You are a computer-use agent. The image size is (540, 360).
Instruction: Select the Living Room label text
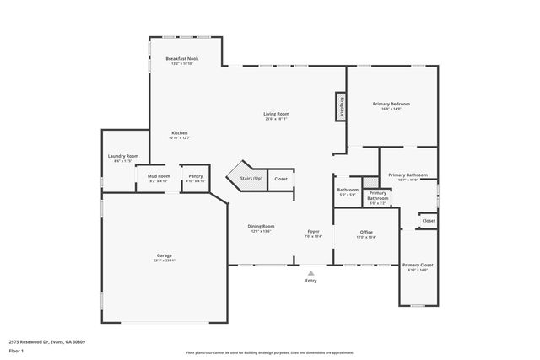[x=276, y=114]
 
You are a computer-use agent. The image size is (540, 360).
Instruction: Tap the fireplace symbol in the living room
[x=342, y=106]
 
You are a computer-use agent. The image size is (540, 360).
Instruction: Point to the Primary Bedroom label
[x=391, y=104]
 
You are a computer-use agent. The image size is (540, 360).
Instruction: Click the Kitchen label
[x=180, y=133]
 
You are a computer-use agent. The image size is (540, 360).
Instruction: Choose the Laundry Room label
[x=122, y=156]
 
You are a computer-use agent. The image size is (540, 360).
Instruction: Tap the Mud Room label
[x=159, y=176]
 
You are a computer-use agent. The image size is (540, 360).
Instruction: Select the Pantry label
[x=195, y=176]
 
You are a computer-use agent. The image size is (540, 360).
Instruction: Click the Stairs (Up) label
[x=251, y=179]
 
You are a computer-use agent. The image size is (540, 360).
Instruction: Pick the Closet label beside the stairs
[x=280, y=179]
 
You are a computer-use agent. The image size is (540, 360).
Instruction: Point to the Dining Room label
[x=261, y=226]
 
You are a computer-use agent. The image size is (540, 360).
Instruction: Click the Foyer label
[x=312, y=232]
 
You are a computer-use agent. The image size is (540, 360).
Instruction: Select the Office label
[x=365, y=232]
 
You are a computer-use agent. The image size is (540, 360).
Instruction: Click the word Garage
[x=164, y=255]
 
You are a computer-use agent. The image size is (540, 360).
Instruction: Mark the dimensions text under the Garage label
[x=164, y=261]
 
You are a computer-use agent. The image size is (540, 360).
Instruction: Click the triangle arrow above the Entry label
[x=310, y=273]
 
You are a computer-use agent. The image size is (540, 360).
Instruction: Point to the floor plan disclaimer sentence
[x=269, y=352]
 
